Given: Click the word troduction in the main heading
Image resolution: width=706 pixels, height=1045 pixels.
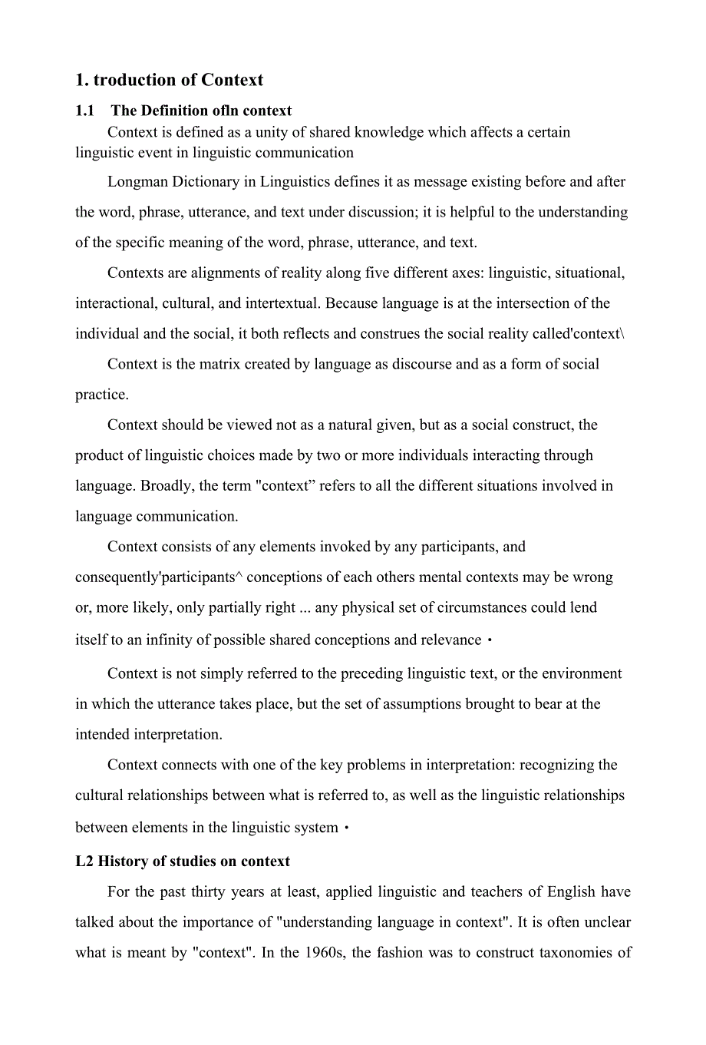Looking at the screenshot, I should [134, 80].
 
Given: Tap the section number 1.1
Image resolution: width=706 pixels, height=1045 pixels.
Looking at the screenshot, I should [84, 111].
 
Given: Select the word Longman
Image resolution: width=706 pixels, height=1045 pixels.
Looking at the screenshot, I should [137, 182].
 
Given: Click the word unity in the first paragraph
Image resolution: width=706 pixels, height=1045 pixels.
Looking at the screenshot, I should [272, 132].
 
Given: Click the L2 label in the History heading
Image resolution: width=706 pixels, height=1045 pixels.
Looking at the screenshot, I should [84, 861].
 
